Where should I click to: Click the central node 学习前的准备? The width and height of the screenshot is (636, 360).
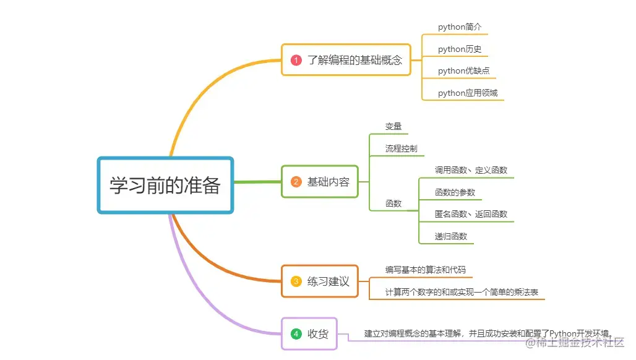tap(165, 186)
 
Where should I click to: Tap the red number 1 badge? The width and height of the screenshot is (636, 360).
tap(296, 60)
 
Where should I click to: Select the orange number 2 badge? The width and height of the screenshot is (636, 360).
tap(296, 182)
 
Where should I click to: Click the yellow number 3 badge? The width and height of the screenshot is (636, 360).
tap(296, 281)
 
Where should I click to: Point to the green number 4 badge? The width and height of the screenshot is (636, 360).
tap(296, 334)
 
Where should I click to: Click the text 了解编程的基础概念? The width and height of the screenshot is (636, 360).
tap(355, 60)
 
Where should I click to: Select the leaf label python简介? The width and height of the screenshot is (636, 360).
tap(460, 27)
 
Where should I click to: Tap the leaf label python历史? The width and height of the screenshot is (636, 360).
tap(460, 49)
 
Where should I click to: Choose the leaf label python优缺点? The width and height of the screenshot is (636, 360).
tap(463, 71)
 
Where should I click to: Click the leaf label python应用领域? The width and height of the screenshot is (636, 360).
tap(468, 93)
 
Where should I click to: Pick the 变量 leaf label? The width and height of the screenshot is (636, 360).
tap(393, 126)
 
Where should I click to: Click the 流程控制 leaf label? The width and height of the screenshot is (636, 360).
tap(401, 148)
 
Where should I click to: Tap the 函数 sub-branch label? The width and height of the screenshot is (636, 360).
tap(393, 203)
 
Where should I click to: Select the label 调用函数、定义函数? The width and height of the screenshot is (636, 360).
tap(471, 170)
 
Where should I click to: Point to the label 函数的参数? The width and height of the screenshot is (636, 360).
tap(455, 192)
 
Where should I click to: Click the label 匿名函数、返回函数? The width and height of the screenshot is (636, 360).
tap(471, 214)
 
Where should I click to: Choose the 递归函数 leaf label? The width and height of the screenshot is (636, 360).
tap(451, 236)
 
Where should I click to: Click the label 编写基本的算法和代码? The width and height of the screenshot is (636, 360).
tap(425, 270)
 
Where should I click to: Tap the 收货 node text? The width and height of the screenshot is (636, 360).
tap(318, 334)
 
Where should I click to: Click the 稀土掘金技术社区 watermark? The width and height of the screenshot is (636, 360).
tap(575, 342)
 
